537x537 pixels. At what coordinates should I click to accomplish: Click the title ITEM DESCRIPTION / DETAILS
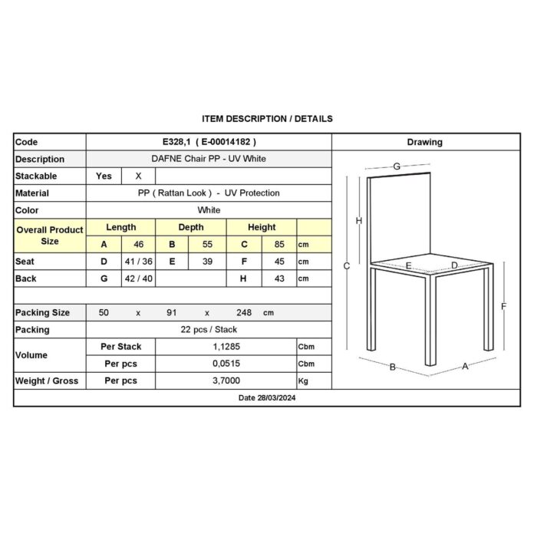pos(267,119)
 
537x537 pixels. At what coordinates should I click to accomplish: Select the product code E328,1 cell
pos(209,142)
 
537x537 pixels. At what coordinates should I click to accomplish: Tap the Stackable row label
pos(36,176)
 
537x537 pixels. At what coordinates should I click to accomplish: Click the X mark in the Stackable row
pos(138,176)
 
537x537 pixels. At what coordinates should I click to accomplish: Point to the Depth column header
pos(191,227)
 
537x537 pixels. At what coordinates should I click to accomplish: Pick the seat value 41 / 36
pos(138,262)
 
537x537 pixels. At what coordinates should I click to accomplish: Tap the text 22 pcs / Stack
pos(209,329)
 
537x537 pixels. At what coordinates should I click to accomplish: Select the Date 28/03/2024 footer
pos(267,398)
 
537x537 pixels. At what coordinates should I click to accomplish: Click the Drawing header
pos(425,142)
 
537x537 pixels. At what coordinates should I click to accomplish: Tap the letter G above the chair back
pos(397,166)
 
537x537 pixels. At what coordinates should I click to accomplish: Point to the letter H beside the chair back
pos(359,221)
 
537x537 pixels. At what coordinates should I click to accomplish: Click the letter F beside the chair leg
pos(504,306)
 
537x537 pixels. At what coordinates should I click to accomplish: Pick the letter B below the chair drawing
pos(392,367)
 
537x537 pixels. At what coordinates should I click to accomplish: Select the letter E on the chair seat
pos(409,265)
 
